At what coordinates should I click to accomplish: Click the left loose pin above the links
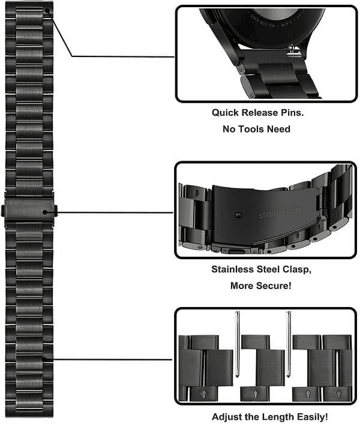(238, 342)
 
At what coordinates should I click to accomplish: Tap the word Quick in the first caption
(225, 112)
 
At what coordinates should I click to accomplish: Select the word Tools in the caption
(254, 129)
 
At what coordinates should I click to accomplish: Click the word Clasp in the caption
(281, 269)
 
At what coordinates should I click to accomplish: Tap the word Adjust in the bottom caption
(226, 416)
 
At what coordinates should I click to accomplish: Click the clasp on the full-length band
(29, 212)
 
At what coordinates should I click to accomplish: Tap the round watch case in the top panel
(264, 27)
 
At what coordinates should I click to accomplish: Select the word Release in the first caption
(262, 112)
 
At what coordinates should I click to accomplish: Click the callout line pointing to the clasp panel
(114, 212)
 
